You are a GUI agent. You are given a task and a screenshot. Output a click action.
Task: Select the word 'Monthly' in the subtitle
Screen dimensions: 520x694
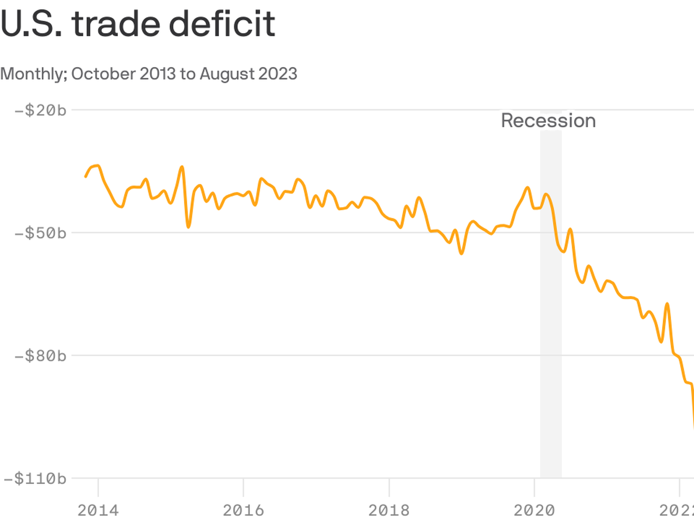click(32, 74)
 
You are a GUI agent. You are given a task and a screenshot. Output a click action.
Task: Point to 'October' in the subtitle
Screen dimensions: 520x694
click(104, 74)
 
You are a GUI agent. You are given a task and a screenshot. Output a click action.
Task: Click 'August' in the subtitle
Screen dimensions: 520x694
click(227, 74)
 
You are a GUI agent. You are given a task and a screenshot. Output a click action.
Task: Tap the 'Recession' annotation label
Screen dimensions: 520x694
click(548, 121)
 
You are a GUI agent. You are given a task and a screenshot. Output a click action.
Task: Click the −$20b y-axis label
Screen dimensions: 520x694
click(41, 110)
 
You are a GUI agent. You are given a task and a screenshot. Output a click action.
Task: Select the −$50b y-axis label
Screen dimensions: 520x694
click(41, 233)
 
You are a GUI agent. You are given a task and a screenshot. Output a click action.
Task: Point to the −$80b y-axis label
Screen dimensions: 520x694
click(41, 356)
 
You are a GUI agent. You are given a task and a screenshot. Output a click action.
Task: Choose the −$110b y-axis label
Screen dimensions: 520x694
click(35, 479)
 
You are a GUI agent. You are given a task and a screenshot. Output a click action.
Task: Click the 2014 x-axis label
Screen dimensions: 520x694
click(98, 510)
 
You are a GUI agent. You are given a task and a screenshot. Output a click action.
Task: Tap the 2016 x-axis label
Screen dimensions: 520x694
click(243, 510)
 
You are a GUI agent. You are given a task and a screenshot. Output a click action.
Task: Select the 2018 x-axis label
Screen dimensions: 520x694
click(389, 510)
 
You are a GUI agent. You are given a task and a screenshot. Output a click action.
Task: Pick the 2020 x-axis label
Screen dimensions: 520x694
click(534, 510)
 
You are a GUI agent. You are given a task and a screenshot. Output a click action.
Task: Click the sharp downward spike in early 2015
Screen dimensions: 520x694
click(188, 227)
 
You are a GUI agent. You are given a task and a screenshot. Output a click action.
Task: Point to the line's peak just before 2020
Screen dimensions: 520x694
click(528, 187)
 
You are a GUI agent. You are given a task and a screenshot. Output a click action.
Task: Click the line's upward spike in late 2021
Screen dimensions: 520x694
click(667, 304)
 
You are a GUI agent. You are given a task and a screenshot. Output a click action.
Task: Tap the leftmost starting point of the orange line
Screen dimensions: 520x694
click(85, 177)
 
